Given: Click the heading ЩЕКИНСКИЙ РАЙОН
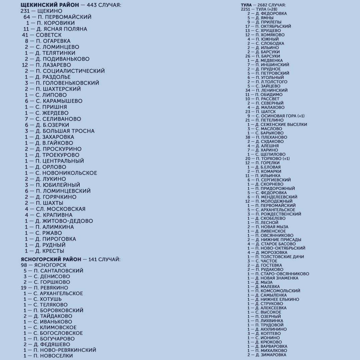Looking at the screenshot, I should pos(50,5).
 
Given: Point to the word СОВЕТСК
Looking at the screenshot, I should pos(49,35).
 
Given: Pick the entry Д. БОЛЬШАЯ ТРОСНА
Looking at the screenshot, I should pos(65,131).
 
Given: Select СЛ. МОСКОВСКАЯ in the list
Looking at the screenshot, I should pos(60,209).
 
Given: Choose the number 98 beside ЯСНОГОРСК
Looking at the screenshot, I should pos(24,265).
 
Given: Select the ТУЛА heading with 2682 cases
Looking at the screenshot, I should pos(246,5).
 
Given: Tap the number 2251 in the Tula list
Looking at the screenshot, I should pos(245,9).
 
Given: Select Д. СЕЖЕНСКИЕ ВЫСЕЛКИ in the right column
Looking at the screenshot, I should pos(281,124).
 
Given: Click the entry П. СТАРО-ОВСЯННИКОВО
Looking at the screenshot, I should pos(282,274).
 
